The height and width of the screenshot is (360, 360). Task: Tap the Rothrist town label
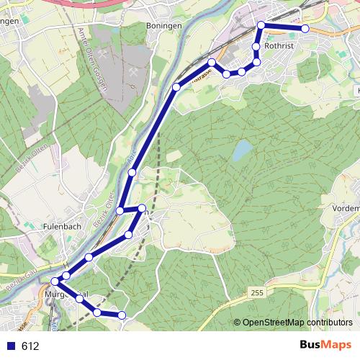pos(280,45)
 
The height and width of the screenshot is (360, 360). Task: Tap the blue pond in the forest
pos(242,150)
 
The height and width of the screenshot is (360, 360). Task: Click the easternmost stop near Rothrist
pos(305,28)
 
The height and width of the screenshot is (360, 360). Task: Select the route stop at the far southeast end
pos(122,315)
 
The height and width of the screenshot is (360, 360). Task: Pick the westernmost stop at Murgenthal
pos(55,281)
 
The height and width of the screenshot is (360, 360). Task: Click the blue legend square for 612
pos(10,346)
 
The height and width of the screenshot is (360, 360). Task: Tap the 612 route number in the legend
pos(30,346)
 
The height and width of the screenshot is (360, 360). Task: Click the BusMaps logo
pos(325,346)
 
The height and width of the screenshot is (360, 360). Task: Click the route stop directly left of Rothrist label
pos(256,47)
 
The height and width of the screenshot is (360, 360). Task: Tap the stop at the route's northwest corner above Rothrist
pos(261,26)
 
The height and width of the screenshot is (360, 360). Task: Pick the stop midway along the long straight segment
pos(132,172)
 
